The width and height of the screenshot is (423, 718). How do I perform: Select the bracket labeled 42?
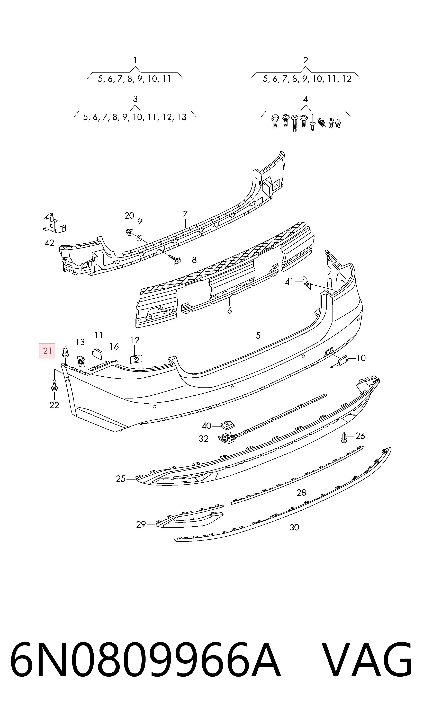54,223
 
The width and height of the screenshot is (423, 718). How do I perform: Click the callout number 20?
129,216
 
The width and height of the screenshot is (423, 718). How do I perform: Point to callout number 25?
121,479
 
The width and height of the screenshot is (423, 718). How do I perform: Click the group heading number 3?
135,99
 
